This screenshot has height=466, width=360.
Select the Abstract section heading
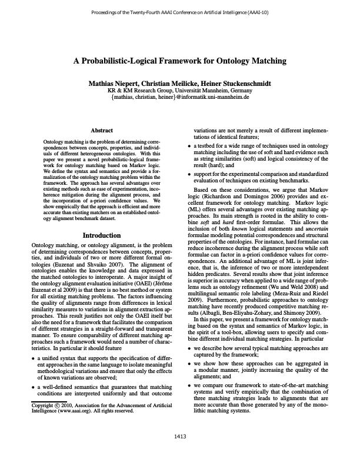pyautogui.click(x=102, y=130)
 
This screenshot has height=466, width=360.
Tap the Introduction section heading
pyautogui.click(x=102, y=235)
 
